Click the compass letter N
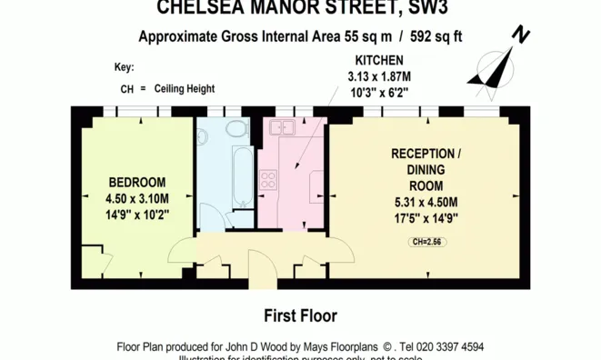(521, 35)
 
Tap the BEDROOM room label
(136, 180)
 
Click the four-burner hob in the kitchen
(269, 179)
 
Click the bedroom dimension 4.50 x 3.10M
(136, 198)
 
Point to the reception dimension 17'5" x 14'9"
(426, 218)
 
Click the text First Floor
(300, 316)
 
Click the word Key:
(124, 67)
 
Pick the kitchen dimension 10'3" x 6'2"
(379, 92)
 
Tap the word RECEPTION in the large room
(423, 153)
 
